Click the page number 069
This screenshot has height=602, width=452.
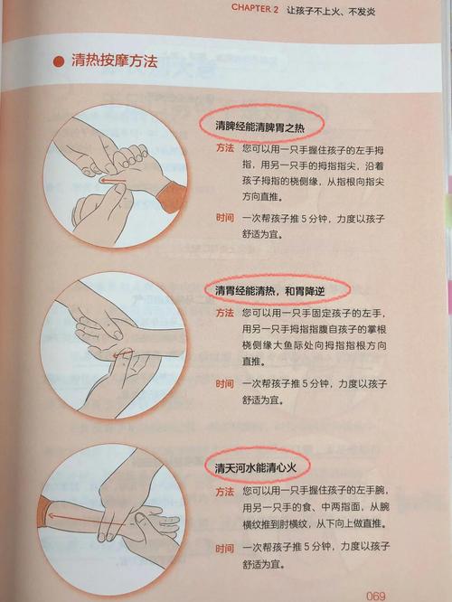[375, 596]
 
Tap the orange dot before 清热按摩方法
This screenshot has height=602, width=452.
[59, 61]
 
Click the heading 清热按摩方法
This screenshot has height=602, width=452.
[115, 61]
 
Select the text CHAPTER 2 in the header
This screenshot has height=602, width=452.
[255, 9]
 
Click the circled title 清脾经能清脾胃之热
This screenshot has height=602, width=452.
[260, 126]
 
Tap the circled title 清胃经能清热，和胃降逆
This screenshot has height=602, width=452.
[270, 291]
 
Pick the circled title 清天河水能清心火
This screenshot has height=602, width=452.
[255, 467]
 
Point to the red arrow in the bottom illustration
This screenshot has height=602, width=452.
[89, 520]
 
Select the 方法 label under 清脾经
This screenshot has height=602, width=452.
[225, 148]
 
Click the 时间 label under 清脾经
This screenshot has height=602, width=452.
[225, 218]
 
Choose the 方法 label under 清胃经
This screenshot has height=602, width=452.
[225, 313]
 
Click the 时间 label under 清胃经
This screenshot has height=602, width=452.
[225, 383]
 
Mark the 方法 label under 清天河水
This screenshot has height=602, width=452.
[225, 492]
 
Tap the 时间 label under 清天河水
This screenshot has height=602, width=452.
[225, 549]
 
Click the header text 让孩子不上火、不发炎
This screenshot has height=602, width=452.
[331, 11]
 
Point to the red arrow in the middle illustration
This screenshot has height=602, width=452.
[123, 353]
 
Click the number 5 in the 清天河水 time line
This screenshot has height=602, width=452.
[306, 547]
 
